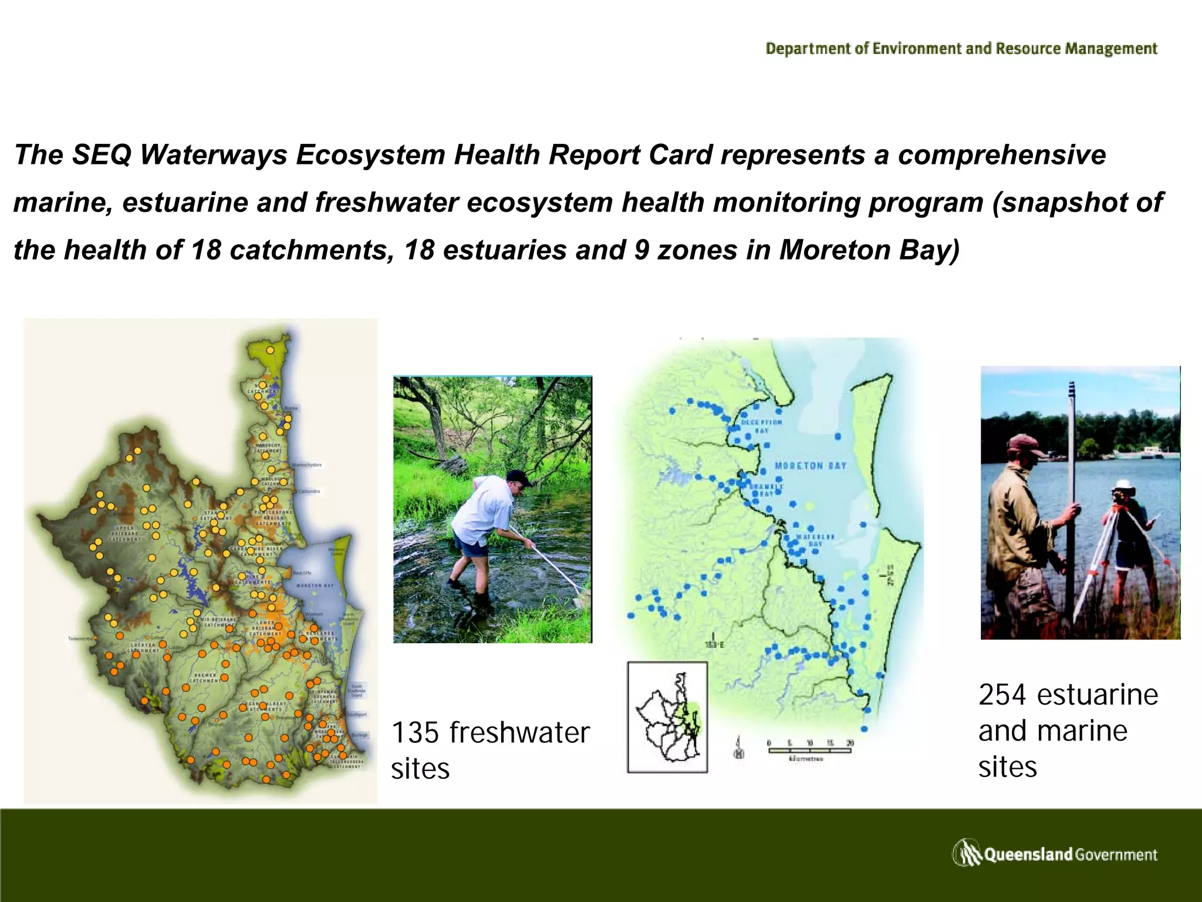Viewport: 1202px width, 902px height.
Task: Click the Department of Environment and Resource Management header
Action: pyautogui.click(x=961, y=48)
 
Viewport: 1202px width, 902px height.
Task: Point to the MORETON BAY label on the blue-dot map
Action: pyautogui.click(x=811, y=466)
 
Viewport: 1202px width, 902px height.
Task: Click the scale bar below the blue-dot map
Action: pyautogui.click(x=809, y=750)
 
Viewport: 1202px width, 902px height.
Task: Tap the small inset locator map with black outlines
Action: pyautogui.click(x=667, y=717)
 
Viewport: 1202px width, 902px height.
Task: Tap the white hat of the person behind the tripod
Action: pyautogui.click(x=1124, y=485)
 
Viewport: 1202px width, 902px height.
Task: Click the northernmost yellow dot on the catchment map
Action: pyautogui.click(x=270, y=349)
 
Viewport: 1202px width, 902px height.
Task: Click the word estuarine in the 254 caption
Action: pyautogui.click(x=1098, y=695)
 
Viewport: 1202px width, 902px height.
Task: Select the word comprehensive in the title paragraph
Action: pyautogui.click(x=1002, y=154)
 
